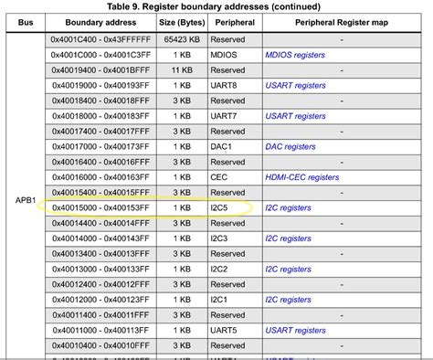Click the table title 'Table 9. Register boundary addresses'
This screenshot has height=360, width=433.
(216, 6)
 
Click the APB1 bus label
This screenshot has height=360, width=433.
(25, 198)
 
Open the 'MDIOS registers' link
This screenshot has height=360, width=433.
(299, 54)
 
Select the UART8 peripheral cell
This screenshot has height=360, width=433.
(225, 85)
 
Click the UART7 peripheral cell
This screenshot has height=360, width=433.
(225, 116)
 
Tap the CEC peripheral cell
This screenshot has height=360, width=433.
(220, 177)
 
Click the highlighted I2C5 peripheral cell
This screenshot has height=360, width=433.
(223, 208)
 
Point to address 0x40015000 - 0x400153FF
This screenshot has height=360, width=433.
(104, 208)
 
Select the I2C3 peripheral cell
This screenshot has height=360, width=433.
(223, 238)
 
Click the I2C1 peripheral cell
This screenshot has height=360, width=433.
(223, 300)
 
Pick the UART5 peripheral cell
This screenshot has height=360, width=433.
(225, 331)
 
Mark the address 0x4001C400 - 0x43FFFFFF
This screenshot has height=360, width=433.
(104, 39)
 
